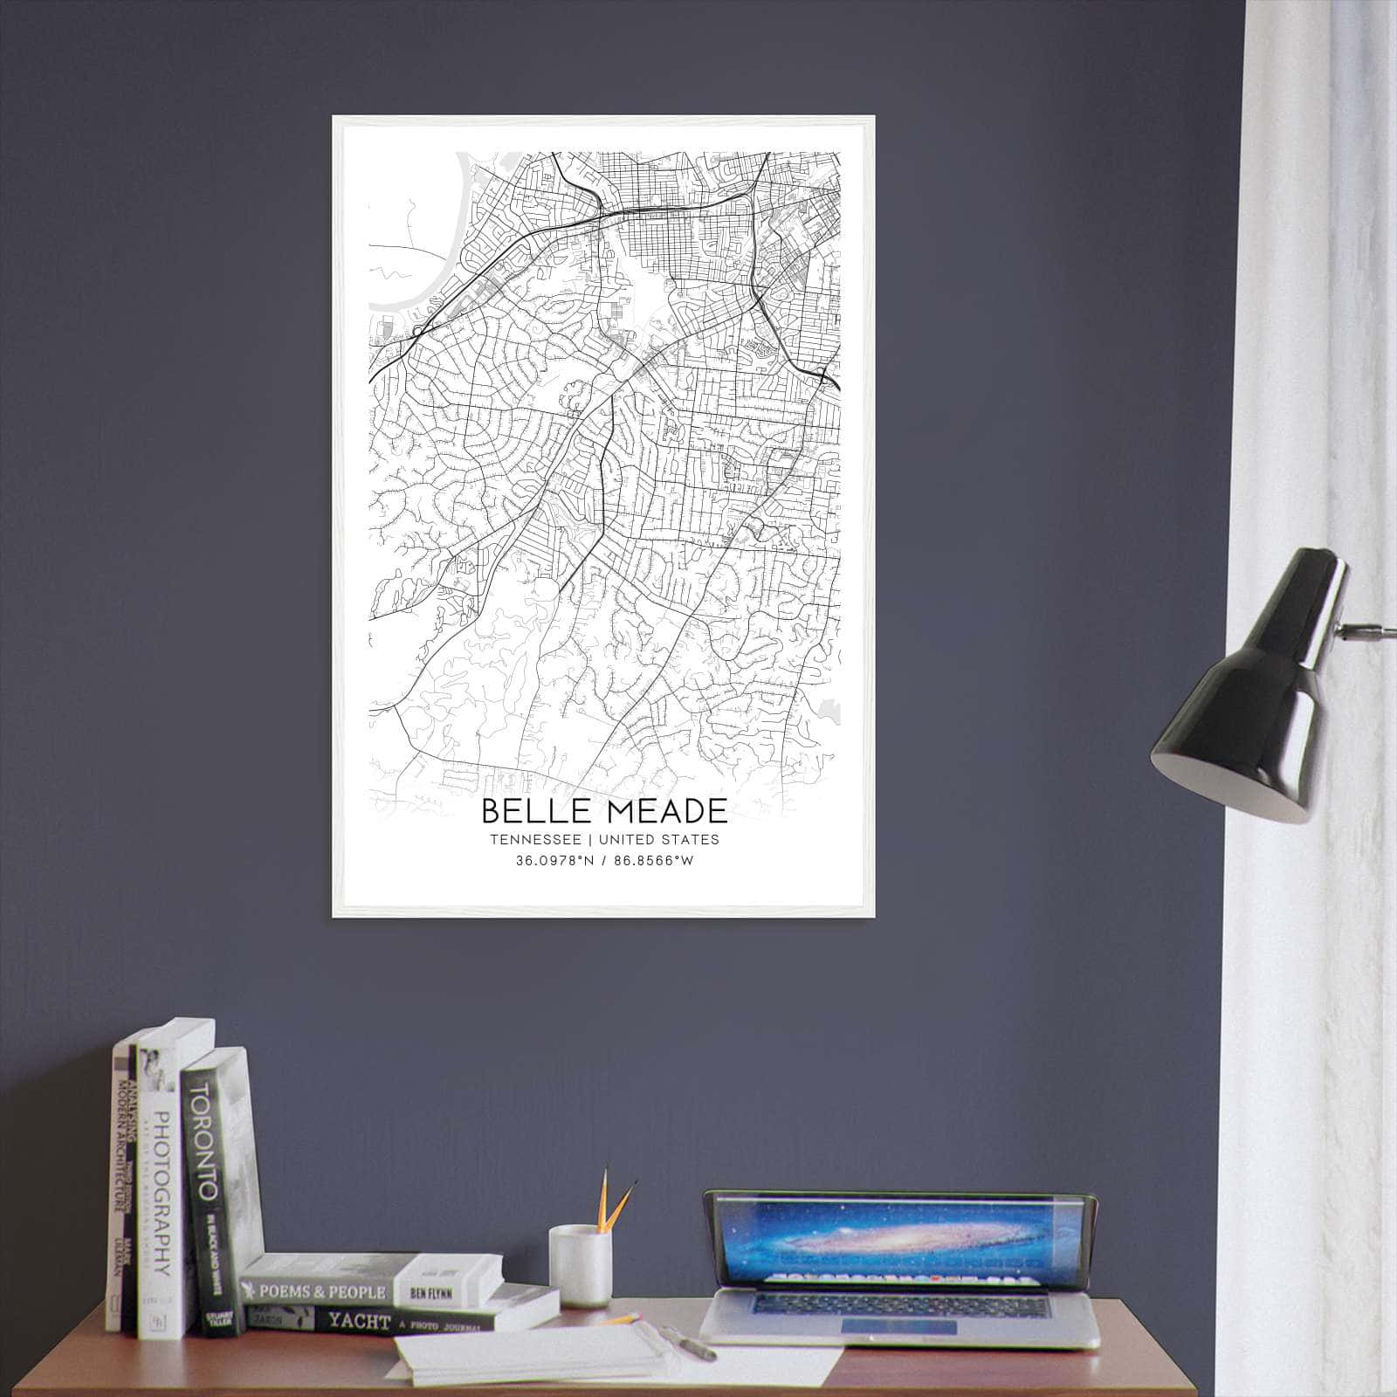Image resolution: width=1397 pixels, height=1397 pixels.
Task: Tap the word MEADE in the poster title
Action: [x=669, y=812]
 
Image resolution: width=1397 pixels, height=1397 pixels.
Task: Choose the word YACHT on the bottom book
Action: [x=359, y=1321]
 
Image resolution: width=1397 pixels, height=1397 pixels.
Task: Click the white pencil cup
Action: [x=580, y=1265]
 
